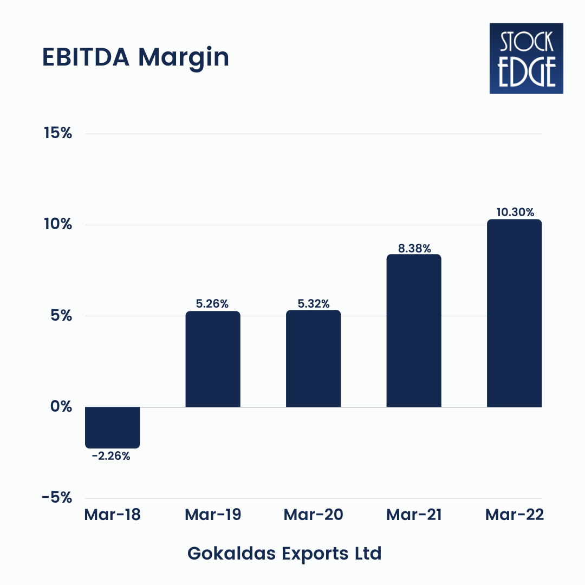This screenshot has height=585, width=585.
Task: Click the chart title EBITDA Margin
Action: (x=135, y=58)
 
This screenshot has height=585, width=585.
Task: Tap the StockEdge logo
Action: (x=526, y=58)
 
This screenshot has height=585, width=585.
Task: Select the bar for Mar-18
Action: (x=113, y=427)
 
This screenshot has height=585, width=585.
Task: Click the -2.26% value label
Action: (x=111, y=456)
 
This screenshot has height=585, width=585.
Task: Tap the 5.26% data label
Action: (x=213, y=304)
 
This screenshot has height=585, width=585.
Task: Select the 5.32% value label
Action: (x=313, y=303)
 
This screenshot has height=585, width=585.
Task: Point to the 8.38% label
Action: (x=414, y=248)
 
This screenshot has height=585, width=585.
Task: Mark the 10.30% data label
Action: (x=514, y=212)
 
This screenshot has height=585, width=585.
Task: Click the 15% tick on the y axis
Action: (x=58, y=133)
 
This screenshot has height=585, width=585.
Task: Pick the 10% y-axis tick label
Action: (x=58, y=224)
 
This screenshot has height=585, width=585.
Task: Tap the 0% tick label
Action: (x=61, y=407)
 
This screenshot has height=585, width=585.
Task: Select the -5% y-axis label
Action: (x=57, y=498)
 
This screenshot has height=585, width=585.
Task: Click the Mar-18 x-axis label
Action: (x=112, y=515)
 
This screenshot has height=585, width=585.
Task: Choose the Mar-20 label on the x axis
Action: (x=313, y=515)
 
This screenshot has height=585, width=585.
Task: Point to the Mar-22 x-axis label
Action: (x=514, y=515)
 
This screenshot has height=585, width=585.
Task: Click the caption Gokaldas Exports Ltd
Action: (x=284, y=554)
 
